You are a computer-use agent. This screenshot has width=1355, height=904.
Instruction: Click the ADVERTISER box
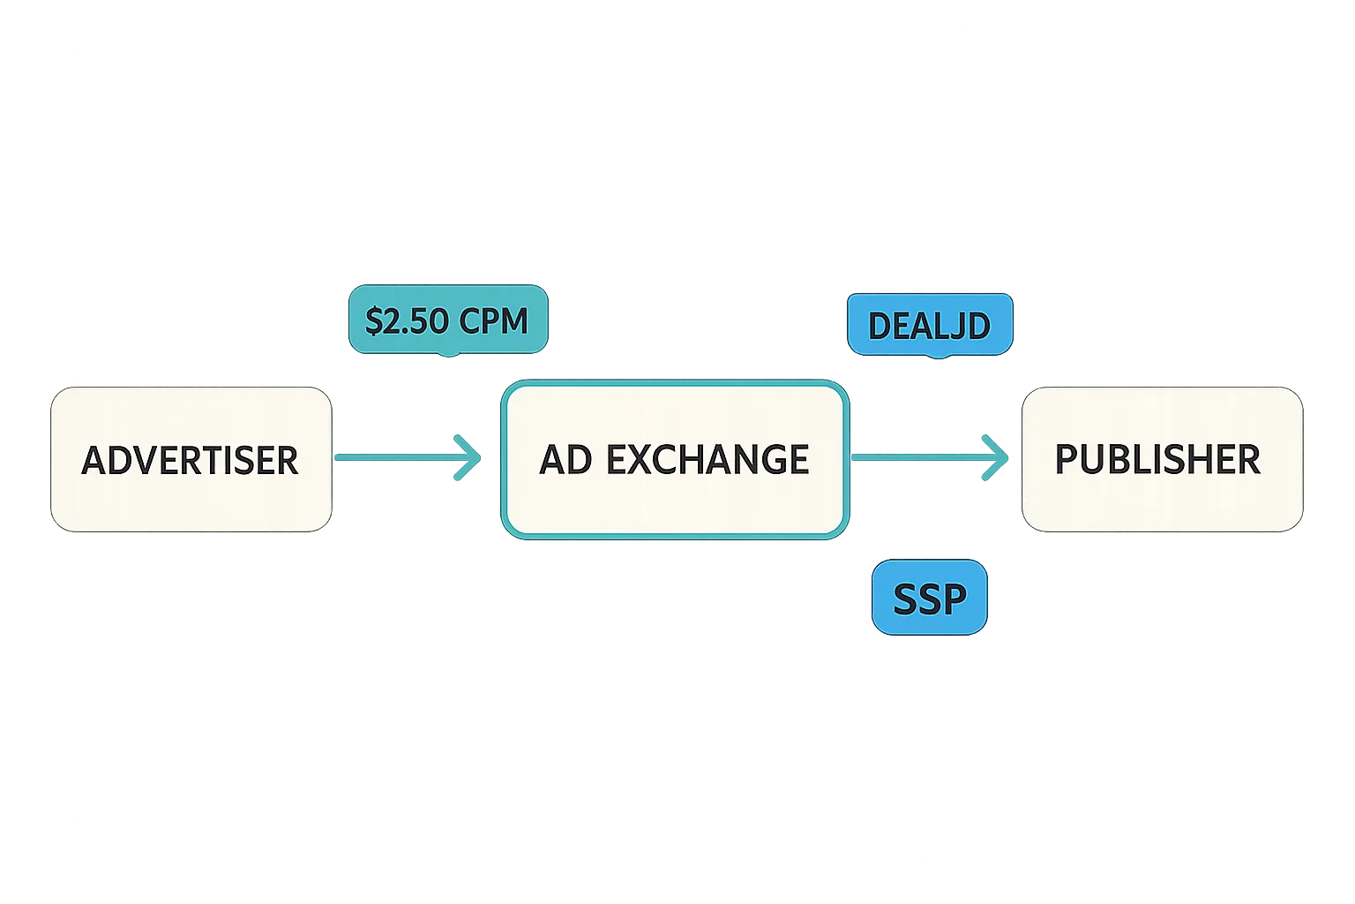pyautogui.click(x=191, y=459)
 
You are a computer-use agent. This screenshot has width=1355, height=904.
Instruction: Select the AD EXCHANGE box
pyautogui.click(x=674, y=459)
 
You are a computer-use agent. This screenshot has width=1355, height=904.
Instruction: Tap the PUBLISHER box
pyautogui.click(x=1161, y=459)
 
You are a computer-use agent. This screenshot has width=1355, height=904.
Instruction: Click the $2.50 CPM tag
pyautogui.click(x=447, y=320)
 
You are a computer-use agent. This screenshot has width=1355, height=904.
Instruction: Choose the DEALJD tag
pyautogui.click(x=929, y=325)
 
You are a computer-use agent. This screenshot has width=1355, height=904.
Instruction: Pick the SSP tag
pyautogui.click(x=929, y=598)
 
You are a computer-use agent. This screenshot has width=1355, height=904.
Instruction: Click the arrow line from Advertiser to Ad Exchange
pyautogui.click(x=397, y=457)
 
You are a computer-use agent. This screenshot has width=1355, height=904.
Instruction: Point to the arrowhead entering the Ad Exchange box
pyautogui.click(x=469, y=457)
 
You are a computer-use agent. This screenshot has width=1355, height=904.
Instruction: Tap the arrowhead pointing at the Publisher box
pyautogui.click(x=997, y=457)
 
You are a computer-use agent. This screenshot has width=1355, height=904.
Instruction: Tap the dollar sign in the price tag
pyautogui.click(x=373, y=321)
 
